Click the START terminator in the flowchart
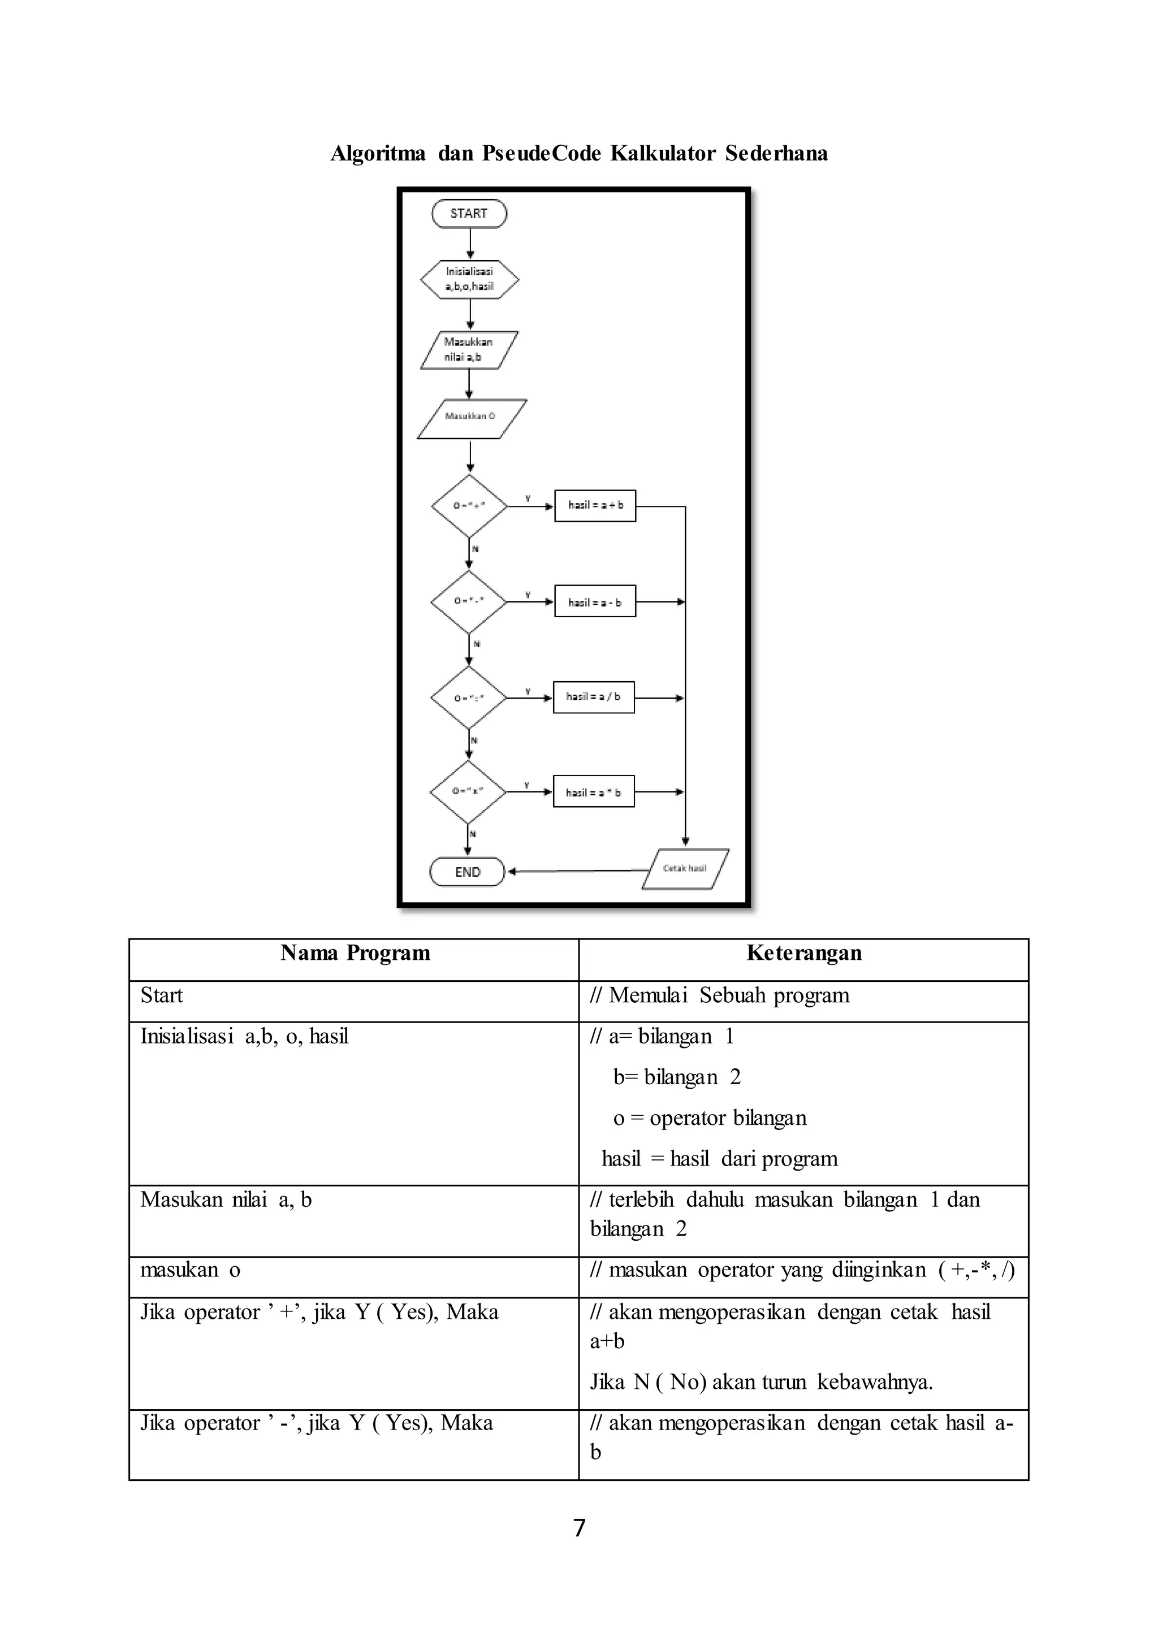click(469, 214)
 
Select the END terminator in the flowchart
click(467, 871)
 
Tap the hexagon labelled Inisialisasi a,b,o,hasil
click(470, 279)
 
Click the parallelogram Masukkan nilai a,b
click(469, 349)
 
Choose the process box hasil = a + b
click(595, 505)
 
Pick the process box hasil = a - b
click(595, 603)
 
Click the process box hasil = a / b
click(593, 696)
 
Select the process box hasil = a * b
click(593, 792)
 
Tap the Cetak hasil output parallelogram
click(685, 868)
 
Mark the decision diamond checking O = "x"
click(468, 791)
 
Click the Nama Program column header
click(355, 953)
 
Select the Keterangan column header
click(803, 953)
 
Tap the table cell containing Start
click(162, 995)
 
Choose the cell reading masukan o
click(191, 1270)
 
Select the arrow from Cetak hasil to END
click(577, 871)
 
